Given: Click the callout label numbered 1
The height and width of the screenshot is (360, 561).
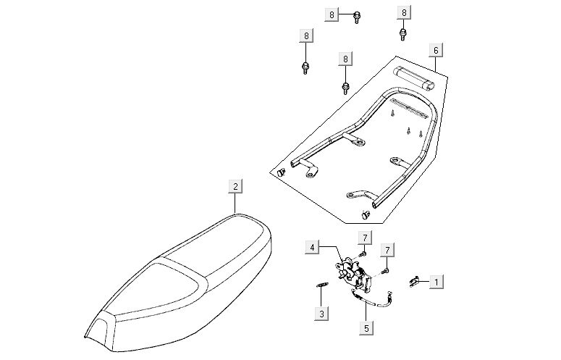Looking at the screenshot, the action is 436,282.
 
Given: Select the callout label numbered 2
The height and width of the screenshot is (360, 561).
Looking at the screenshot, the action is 235,186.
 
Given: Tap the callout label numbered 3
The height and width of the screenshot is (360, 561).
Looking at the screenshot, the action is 321,314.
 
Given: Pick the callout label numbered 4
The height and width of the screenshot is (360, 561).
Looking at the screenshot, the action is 312,247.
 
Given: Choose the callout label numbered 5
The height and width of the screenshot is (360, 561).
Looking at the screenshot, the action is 366,328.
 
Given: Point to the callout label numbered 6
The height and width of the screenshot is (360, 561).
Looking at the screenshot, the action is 436,50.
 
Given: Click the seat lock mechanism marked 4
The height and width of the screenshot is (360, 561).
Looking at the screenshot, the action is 353,274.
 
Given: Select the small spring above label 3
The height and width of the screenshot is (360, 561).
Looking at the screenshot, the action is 321,285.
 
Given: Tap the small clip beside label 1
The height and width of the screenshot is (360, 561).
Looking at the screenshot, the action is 414,282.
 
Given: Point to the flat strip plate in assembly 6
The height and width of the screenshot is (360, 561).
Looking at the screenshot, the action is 408,109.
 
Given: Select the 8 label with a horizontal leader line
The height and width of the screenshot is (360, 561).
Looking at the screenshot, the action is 332,14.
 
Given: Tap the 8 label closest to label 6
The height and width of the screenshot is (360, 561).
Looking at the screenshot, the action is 404,12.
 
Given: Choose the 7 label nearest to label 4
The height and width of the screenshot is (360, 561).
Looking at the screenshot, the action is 365,238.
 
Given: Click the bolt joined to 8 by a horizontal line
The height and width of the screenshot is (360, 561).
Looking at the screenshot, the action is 356,17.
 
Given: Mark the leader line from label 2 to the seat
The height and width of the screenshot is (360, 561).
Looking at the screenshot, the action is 235,204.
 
